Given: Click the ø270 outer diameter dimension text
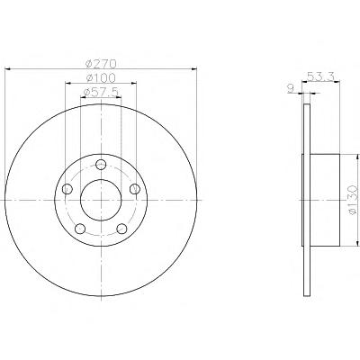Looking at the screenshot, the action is pos(101,64).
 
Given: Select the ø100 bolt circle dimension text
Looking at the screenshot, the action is pos(101,78).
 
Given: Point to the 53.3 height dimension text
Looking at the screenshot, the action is pos(320,76).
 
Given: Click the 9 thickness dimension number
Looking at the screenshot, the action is pos(290,88).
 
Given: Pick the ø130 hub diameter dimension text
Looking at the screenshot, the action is pos(353,200).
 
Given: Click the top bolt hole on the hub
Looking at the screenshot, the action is pos(101,164).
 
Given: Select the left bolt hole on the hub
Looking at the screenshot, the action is pos(67,189).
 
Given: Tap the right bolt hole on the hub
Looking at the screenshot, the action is pos(135,189).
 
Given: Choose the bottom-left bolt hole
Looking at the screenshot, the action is pos(80,229).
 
